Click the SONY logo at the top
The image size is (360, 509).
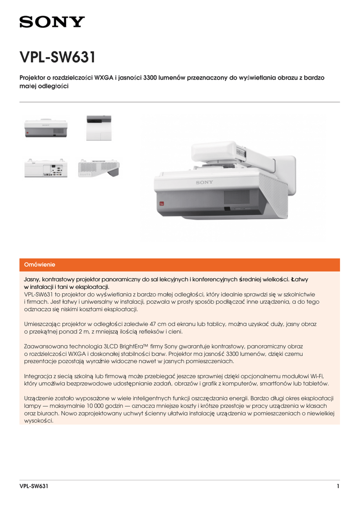click(52, 22)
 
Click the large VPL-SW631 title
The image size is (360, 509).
click(57, 57)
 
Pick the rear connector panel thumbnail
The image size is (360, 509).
click(46, 168)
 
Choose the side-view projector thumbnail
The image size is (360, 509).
click(98, 168)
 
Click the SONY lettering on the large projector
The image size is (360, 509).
click(204, 182)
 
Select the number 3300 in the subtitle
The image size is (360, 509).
click(151, 78)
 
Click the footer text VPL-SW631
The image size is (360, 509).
click(34, 486)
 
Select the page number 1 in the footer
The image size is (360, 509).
click(338, 486)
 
